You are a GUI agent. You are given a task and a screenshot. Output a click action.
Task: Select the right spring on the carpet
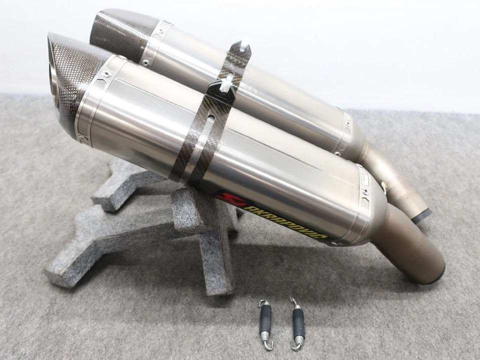(x=297, y=323)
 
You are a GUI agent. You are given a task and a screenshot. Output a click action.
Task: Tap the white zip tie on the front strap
(x=226, y=85)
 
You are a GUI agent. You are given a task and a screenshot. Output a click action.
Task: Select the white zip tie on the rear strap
(x=244, y=46)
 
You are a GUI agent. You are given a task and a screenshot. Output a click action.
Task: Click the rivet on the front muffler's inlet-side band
(x=365, y=191)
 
